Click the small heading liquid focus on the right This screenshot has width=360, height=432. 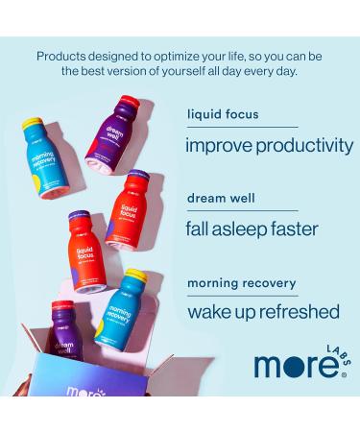pos(223,114)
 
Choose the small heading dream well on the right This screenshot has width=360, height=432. pos(220,201)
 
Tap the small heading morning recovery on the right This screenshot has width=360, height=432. pos(242,284)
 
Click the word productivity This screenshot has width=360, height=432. pos(303,147)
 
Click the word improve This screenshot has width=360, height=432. pos(217,147)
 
